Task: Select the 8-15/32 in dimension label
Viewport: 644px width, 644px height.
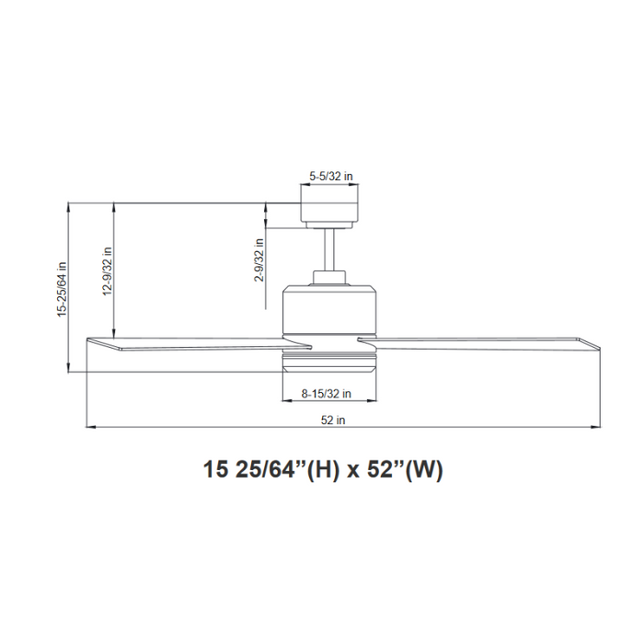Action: pos(327,393)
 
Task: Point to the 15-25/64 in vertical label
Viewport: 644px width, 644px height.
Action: pos(63,287)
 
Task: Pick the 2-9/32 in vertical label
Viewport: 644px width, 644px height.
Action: pos(260,260)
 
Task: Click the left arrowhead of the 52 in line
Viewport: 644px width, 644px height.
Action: pos(88,428)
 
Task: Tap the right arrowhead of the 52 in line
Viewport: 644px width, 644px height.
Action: pos(596,428)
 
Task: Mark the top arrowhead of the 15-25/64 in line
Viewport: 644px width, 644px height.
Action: pos(71,206)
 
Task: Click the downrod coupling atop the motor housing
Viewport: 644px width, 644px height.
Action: pos(329,277)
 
